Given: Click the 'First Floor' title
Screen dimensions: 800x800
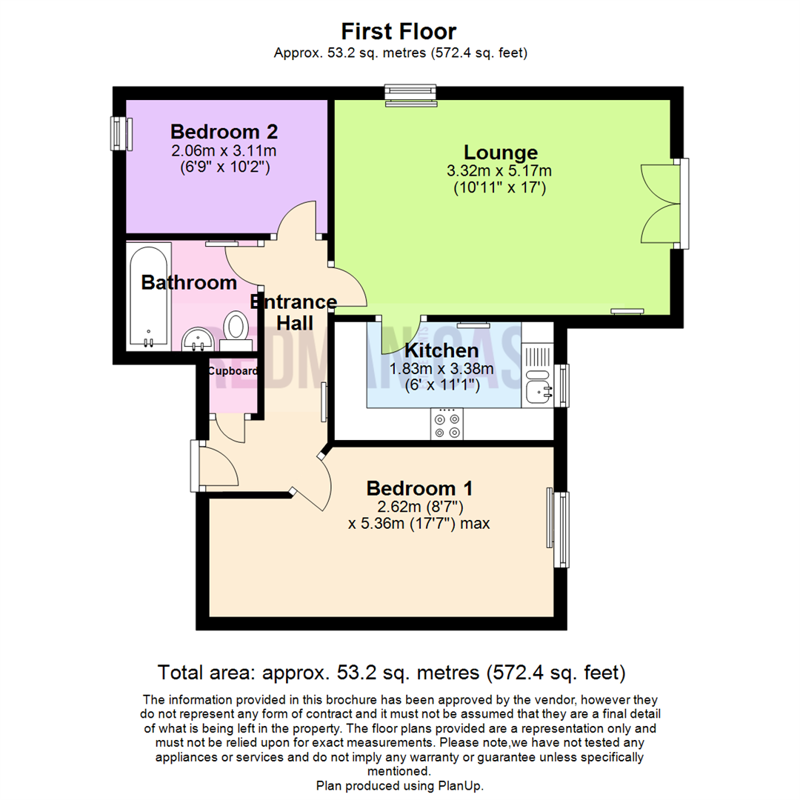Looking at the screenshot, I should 399,31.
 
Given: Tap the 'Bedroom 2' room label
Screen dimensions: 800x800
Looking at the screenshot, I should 224,132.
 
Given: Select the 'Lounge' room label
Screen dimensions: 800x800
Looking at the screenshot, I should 500,153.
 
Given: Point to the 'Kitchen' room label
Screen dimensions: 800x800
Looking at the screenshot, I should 441,350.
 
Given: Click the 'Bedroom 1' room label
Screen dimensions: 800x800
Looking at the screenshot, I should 419,489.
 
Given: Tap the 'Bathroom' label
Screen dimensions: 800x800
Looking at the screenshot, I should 189,282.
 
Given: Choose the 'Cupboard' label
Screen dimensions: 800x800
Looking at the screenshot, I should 233,371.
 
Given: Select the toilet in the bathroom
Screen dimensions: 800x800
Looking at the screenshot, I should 236,329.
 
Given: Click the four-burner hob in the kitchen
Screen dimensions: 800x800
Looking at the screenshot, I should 447,425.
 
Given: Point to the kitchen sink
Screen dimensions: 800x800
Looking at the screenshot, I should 539,388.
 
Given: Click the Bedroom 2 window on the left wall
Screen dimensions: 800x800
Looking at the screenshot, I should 119,133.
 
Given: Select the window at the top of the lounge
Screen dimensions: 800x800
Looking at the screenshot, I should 411,94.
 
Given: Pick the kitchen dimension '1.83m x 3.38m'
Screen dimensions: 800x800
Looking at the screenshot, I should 441,368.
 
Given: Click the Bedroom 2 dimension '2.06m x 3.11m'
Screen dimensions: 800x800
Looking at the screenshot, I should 224,151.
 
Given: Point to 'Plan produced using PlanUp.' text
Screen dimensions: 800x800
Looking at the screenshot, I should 399,785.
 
